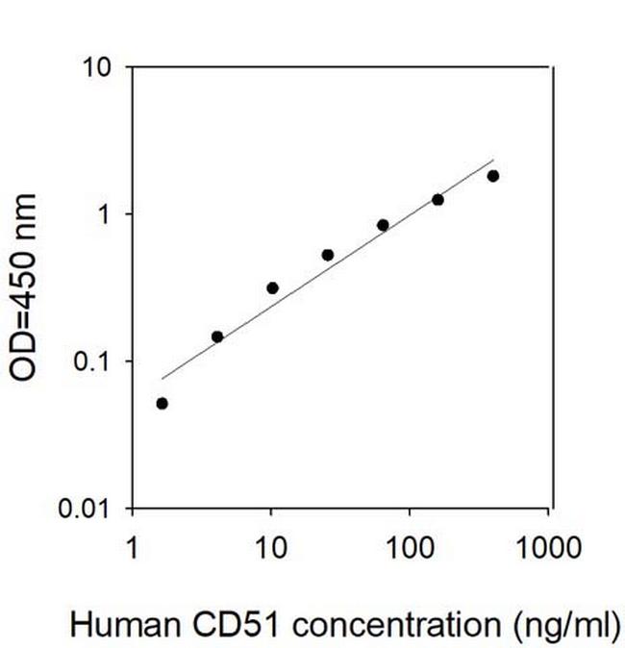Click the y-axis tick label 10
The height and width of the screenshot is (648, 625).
click(x=98, y=68)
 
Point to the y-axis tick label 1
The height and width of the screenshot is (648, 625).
click(x=106, y=214)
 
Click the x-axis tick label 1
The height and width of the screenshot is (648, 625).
click(x=133, y=550)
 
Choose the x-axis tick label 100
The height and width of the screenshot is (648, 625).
click(x=411, y=550)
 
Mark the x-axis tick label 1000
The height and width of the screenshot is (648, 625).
click(x=549, y=550)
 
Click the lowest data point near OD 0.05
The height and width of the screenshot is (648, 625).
click(x=162, y=404)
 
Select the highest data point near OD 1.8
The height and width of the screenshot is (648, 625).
click(x=493, y=176)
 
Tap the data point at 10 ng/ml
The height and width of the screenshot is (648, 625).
click(x=272, y=287)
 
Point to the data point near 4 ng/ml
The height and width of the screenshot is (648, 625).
click(x=217, y=336)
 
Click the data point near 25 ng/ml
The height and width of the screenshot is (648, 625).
click(x=328, y=255)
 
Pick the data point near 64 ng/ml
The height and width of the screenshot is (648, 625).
click(x=383, y=225)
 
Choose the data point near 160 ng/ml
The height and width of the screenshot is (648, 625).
click(x=438, y=200)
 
